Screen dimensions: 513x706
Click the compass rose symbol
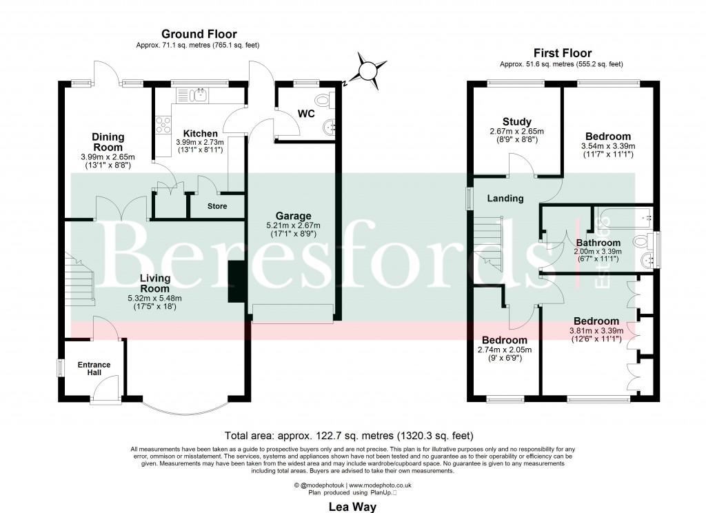pyautogui.click(x=369, y=70)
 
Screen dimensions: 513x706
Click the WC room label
pyautogui.click(x=306, y=113)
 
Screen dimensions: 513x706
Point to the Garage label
pyautogui.click(x=293, y=216)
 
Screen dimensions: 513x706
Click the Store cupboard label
pyautogui.click(x=217, y=206)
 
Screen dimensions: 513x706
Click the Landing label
pyautogui.click(x=506, y=199)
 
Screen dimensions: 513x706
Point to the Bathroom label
pyautogui.click(x=598, y=243)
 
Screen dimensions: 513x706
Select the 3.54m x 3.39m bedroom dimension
pyautogui.click(x=607, y=146)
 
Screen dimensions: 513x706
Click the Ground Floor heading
pyautogui.click(x=199, y=34)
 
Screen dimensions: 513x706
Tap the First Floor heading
pyautogui.click(x=563, y=53)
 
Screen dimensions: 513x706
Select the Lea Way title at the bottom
pyautogui.click(x=352, y=503)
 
